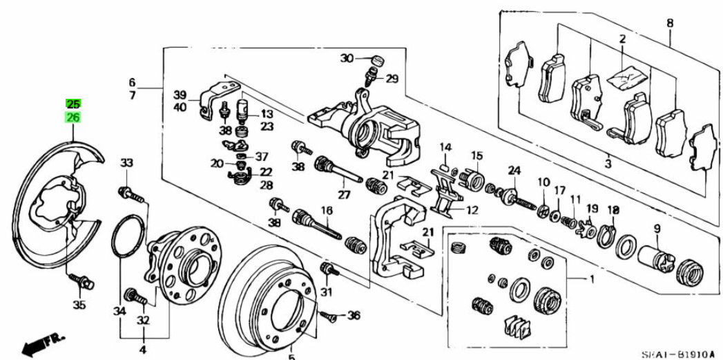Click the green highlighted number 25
[73, 104]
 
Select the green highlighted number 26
[73, 118]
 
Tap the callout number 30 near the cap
[347, 58]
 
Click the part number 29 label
[392, 79]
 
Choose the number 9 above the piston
[657, 229]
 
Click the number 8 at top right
[669, 23]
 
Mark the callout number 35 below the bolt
[79, 305]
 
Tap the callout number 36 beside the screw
[354, 316]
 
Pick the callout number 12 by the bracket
[472, 210]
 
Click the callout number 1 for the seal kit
[590, 280]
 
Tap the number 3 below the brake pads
[608, 164]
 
